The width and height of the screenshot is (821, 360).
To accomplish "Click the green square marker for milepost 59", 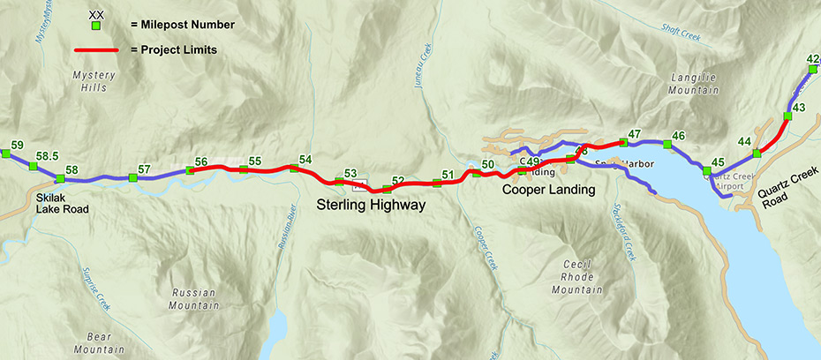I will tap(5, 154).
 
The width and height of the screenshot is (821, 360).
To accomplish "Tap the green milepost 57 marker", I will tap(133, 178).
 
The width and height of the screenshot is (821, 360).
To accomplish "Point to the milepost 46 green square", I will tap(667, 144).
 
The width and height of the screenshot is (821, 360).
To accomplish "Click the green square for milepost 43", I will tap(787, 116).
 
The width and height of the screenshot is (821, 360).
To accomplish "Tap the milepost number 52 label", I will tap(398, 181).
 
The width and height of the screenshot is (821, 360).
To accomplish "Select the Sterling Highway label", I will tap(372, 206).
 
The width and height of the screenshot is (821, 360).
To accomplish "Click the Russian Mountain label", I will tap(196, 299).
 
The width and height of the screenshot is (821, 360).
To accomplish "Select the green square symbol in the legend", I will tap(95, 26).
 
